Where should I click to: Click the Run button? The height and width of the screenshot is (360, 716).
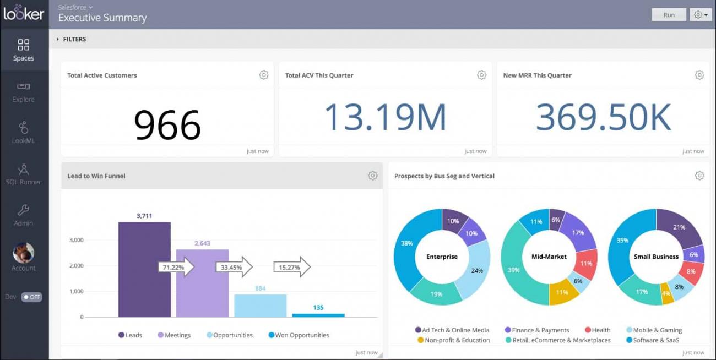point(669,15)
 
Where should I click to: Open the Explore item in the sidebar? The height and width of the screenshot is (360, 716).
point(24,92)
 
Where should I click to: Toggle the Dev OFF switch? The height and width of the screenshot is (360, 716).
point(31,297)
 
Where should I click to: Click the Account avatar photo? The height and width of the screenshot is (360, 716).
point(24,253)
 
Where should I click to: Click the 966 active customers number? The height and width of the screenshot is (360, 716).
point(167,125)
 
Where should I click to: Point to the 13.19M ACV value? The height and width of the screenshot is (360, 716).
point(385,117)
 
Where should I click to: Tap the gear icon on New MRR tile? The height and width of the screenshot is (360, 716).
point(699,75)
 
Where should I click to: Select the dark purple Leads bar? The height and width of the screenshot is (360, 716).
point(144,270)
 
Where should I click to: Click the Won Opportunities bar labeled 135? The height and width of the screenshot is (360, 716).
point(318,315)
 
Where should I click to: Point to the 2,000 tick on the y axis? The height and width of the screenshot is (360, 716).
point(75,266)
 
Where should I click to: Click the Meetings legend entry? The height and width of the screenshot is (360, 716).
point(174,335)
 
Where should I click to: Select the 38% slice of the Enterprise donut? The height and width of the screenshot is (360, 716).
point(406,244)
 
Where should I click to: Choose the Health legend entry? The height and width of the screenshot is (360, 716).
point(597,330)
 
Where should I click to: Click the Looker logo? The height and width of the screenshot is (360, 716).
point(24,13)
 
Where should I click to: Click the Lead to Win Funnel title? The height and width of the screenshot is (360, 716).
point(96,176)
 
